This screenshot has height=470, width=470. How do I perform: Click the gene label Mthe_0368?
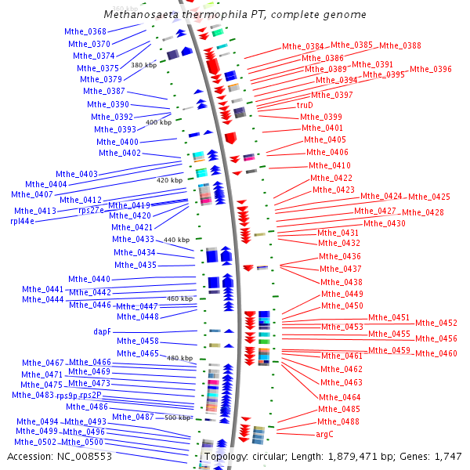point(85,31)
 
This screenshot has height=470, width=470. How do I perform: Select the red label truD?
point(305,105)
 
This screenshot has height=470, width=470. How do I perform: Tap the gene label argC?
point(325,433)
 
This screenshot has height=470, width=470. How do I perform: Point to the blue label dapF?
point(103,331)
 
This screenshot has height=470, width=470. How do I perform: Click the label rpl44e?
point(23,222)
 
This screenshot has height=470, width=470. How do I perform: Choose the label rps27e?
point(91,210)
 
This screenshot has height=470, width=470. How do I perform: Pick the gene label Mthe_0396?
point(431,69)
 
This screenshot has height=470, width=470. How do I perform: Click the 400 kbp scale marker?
point(158,122)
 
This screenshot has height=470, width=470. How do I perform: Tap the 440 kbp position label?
point(176,240)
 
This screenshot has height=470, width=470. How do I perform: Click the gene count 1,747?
point(448,456)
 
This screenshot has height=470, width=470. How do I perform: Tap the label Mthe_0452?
point(436,323)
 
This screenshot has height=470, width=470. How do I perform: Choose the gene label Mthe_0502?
point(37,442)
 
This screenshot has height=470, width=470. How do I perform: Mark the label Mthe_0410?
point(330,165)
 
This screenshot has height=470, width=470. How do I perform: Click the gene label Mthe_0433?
point(133,239)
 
